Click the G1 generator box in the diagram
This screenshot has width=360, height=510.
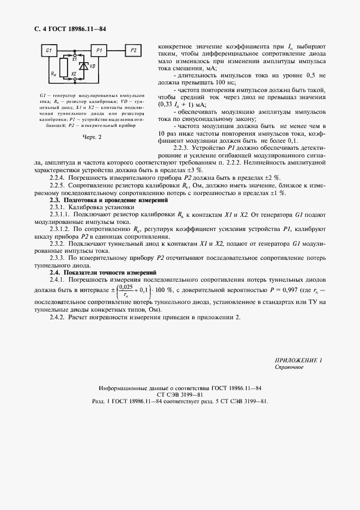[48, 51]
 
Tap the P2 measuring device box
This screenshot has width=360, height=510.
[134, 51]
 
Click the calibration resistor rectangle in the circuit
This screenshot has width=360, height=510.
[60, 69]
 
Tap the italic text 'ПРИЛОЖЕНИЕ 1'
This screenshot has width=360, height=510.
[298, 360]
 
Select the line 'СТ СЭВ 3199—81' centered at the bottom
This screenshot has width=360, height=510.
[180, 394]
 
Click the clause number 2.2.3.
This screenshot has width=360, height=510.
[182, 148]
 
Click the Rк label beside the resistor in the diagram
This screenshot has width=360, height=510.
[52, 71]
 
